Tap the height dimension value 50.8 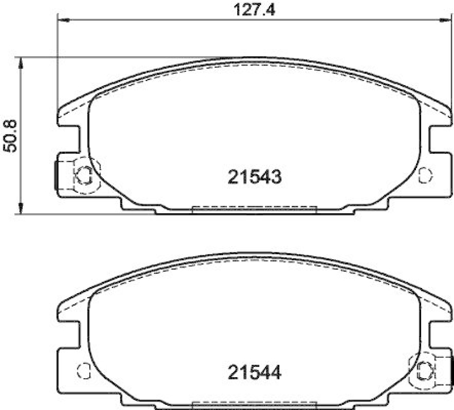[10, 136]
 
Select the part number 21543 [254, 177]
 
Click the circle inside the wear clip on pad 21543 [84, 176]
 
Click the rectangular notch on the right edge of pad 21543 [440, 139]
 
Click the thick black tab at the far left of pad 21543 [56, 175]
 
